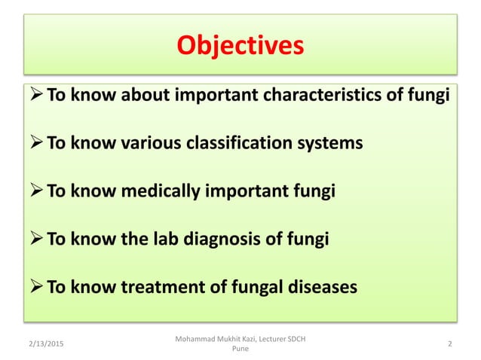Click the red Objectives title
pos(240,46)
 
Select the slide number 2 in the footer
pos(449,344)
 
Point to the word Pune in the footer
pos(240,350)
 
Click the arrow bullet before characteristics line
pos(37,95)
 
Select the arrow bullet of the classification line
pos(37,143)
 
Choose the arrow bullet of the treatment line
pos(37,288)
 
